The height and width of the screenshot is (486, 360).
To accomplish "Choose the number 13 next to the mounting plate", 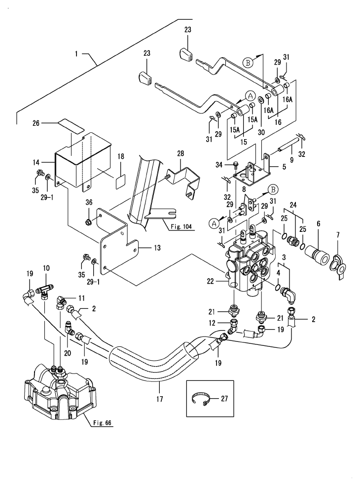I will coord(157,248).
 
